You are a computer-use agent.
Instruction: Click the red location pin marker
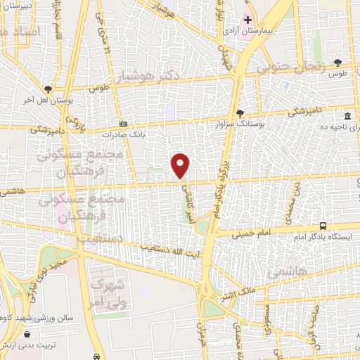click(x=181, y=165)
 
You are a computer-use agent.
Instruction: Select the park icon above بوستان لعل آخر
click(x=47, y=89)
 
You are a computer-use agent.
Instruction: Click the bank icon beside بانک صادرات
click(x=124, y=124)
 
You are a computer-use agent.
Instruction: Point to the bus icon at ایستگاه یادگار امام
click(x=323, y=226)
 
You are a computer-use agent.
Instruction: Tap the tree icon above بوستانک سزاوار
click(x=240, y=112)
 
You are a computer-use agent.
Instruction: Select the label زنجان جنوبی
click(x=290, y=68)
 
